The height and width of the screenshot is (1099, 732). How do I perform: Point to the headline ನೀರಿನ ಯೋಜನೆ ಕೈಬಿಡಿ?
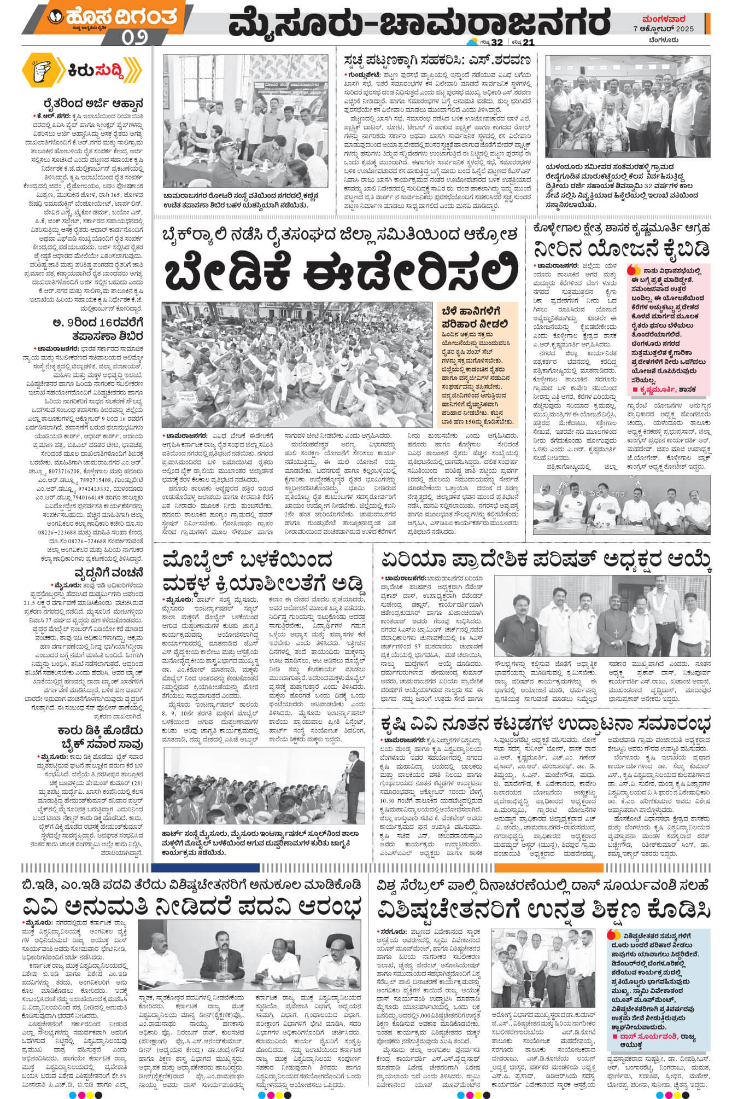tap(622, 248)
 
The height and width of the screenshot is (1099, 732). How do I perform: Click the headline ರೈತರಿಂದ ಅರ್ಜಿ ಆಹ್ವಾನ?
tap(95, 103)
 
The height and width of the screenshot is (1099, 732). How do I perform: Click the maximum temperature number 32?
tap(496, 43)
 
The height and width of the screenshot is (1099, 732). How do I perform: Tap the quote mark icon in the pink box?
tap(634, 270)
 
